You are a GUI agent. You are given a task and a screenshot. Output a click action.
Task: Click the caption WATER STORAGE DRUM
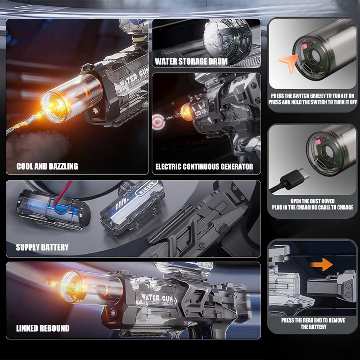click(x=191, y=62)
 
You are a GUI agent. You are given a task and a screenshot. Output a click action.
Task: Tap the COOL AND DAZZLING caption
click(x=47, y=166)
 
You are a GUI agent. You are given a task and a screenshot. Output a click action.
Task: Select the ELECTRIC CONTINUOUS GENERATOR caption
click(x=204, y=166)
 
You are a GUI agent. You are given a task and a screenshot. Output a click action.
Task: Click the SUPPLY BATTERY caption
click(x=42, y=247)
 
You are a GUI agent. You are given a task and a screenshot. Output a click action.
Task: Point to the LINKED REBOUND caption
click(x=43, y=328)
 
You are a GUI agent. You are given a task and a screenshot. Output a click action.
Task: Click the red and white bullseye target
click(x=159, y=121)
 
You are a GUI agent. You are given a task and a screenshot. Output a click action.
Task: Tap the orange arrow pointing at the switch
click(x=289, y=63)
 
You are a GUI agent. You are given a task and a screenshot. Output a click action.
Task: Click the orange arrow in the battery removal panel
click(x=322, y=265)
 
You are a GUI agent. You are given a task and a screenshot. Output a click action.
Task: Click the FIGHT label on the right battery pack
click(x=146, y=188)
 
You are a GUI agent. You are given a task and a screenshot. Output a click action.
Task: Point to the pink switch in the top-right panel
click(x=304, y=46)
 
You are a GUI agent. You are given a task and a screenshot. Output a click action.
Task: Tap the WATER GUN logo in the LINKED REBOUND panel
click(x=158, y=298)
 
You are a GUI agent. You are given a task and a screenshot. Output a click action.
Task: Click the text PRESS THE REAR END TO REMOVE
click(x=313, y=320)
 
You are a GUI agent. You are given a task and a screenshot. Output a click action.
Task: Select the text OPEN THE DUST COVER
click(x=312, y=201)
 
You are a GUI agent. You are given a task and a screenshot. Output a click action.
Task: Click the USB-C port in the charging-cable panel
click(x=322, y=162)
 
